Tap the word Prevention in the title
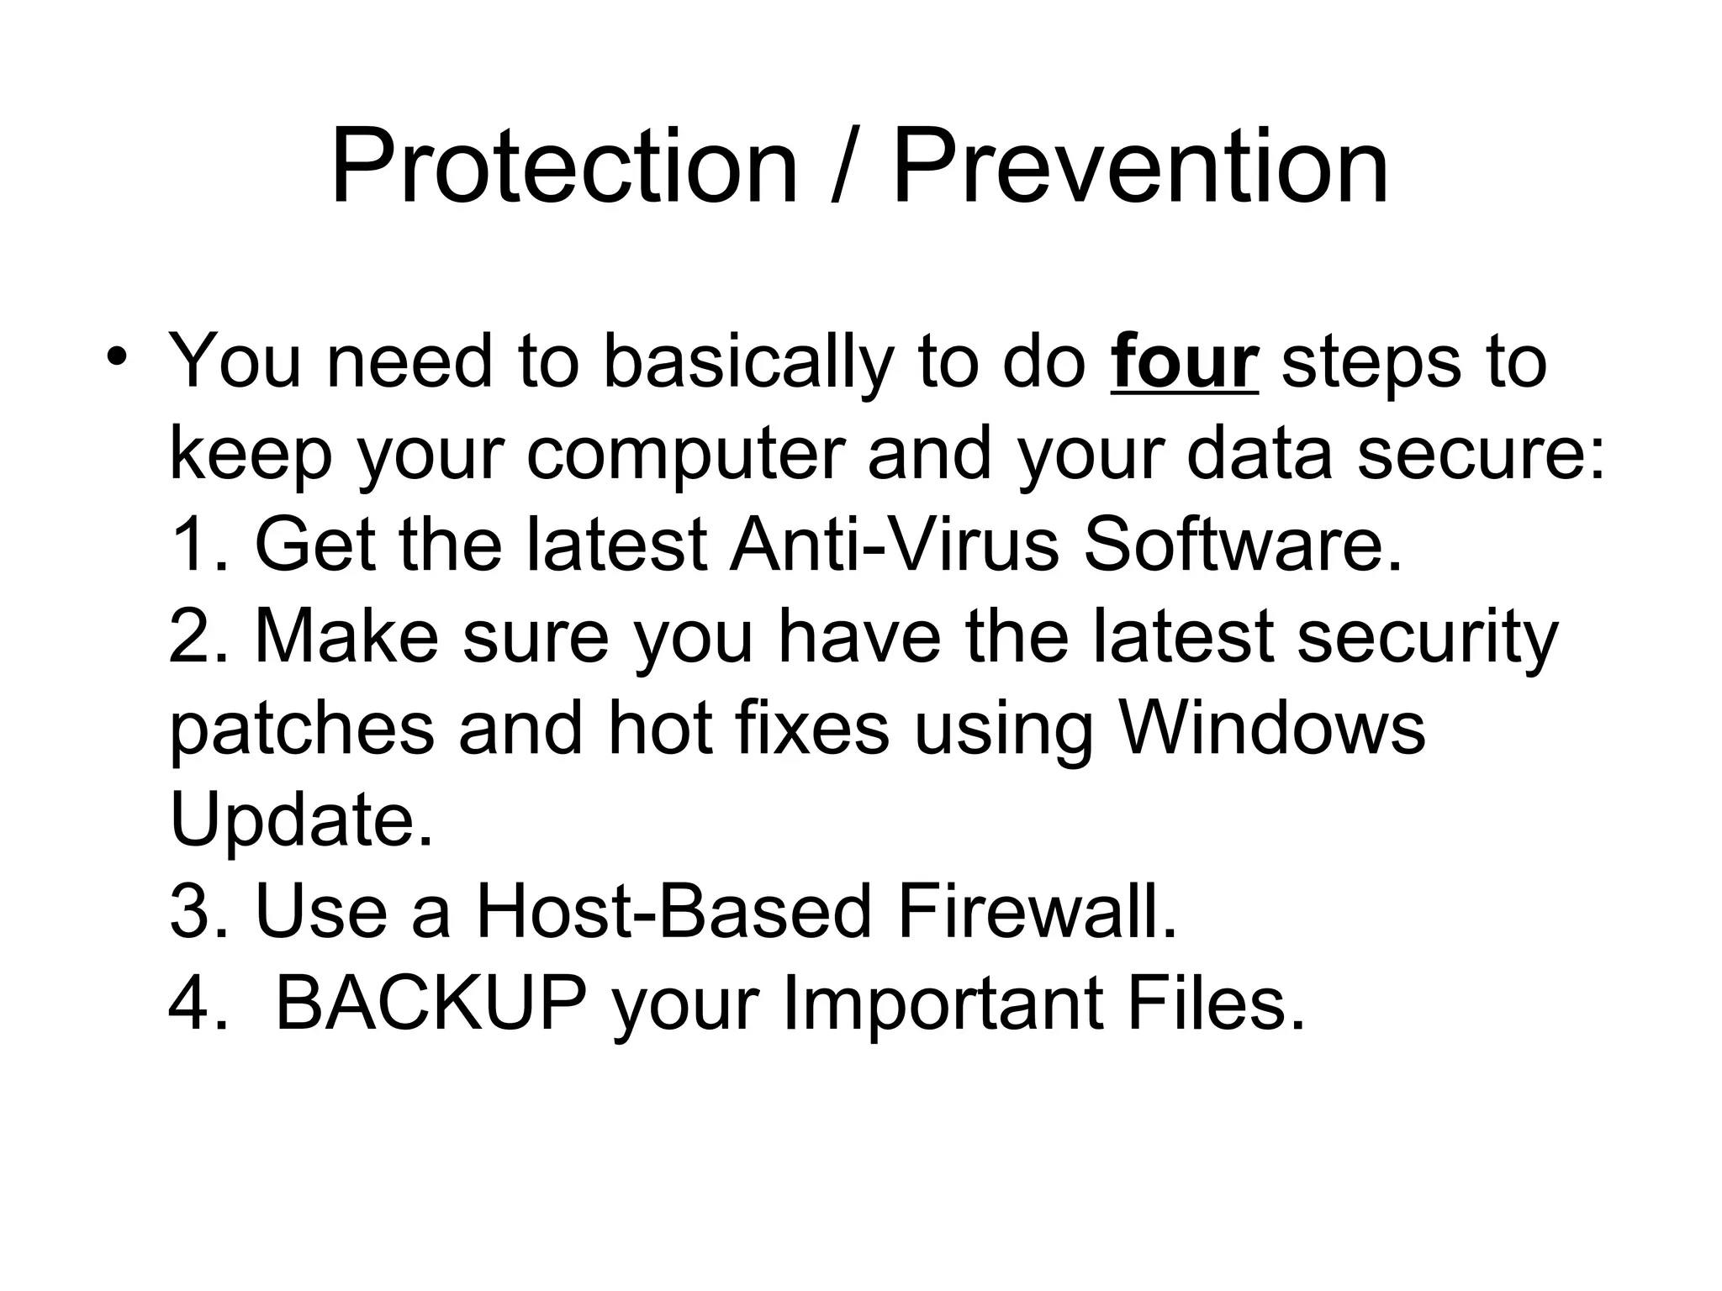(x=1139, y=166)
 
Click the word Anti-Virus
(x=894, y=545)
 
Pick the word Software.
(x=1243, y=545)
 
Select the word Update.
(x=302, y=821)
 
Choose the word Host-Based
(x=673, y=912)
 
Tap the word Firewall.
(x=1037, y=912)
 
